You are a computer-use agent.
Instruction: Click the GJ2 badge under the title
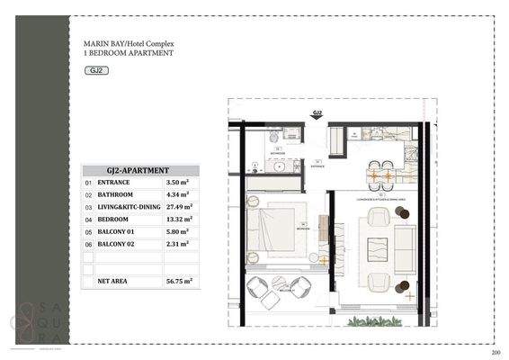(94, 69)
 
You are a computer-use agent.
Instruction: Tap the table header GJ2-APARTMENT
(138, 169)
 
